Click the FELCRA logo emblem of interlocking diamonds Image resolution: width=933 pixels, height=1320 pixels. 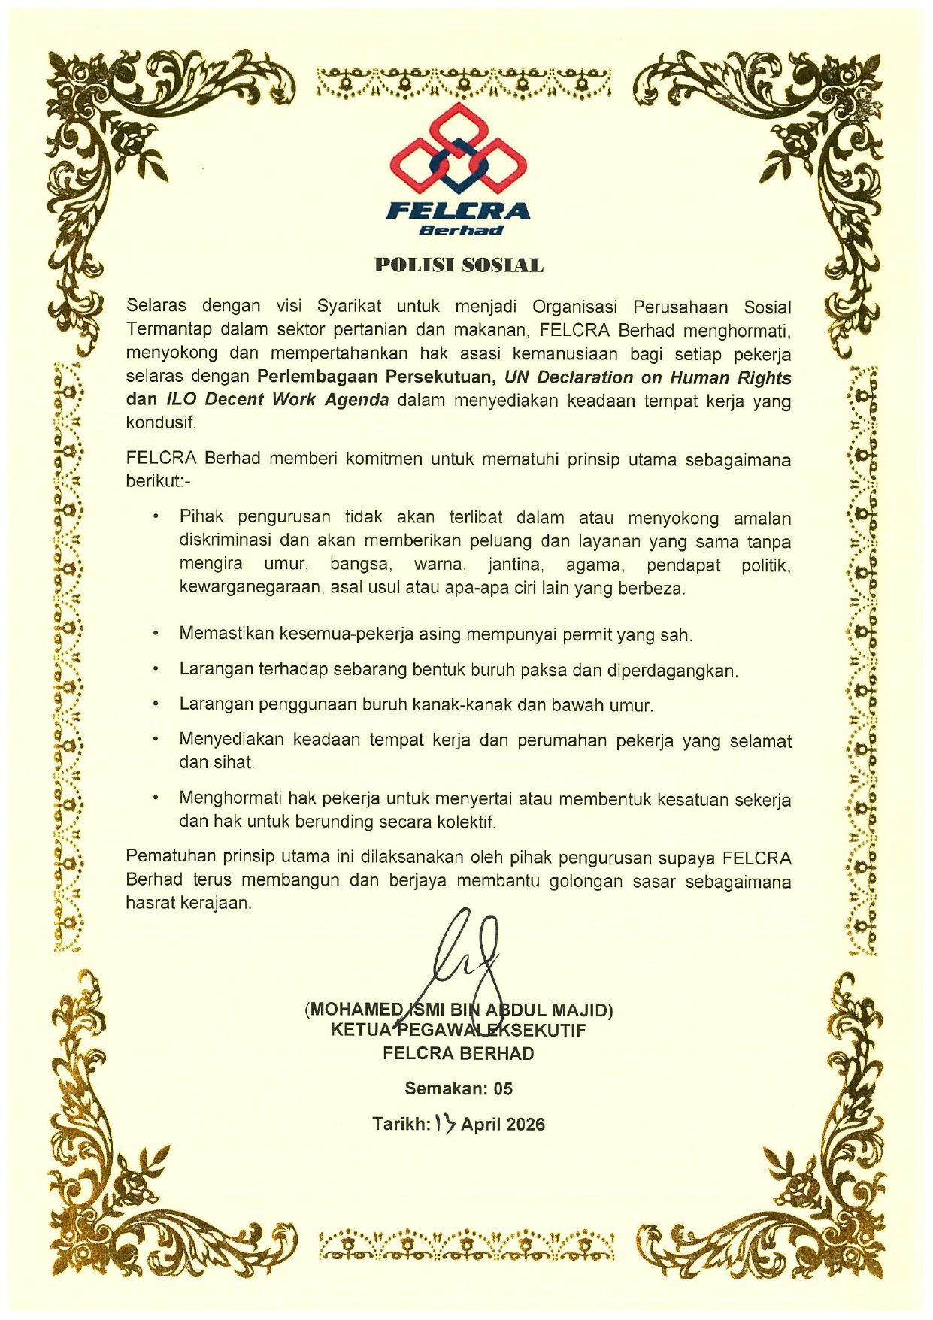tap(459, 149)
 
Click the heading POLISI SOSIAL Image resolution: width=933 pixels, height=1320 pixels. tap(459, 265)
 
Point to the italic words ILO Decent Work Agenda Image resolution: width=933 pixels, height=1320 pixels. tap(277, 399)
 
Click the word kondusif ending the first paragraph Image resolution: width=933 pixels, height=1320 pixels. tap(160, 422)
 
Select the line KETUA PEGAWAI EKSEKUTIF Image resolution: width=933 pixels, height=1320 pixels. tap(458, 1031)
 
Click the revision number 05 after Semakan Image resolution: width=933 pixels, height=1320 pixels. tap(503, 1088)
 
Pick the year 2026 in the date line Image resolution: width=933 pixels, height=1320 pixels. tap(524, 1125)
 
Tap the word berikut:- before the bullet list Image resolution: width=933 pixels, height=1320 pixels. tap(158, 481)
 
